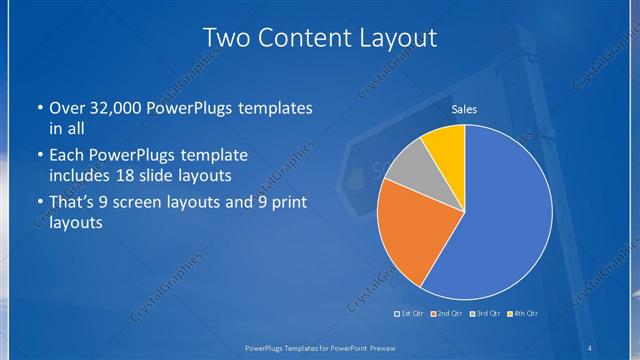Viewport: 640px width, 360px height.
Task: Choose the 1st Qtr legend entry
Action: tap(410, 315)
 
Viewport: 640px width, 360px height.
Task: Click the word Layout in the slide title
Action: tap(394, 38)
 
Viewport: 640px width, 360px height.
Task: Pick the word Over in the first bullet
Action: tap(65, 108)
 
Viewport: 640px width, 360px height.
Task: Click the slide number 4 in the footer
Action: tap(590, 348)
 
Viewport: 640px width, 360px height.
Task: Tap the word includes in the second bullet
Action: tap(81, 176)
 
